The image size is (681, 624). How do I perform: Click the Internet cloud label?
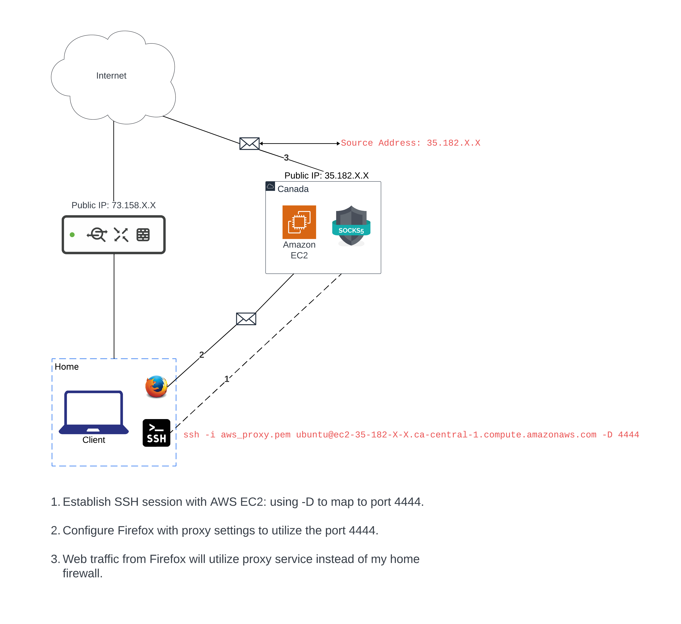(x=111, y=76)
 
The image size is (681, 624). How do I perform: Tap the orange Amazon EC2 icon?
(x=299, y=222)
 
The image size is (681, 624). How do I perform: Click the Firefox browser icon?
(x=156, y=387)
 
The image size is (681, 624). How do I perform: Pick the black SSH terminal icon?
(x=156, y=433)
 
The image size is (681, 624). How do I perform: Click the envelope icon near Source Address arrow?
(x=249, y=144)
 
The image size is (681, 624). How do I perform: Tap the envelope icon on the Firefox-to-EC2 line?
(x=246, y=319)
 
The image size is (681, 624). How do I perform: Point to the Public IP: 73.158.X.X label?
(x=114, y=205)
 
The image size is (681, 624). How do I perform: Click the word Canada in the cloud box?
(x=293, y=189)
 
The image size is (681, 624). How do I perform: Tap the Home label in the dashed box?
(x=67, y=367)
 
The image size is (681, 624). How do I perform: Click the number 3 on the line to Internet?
(x=286, y=157)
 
